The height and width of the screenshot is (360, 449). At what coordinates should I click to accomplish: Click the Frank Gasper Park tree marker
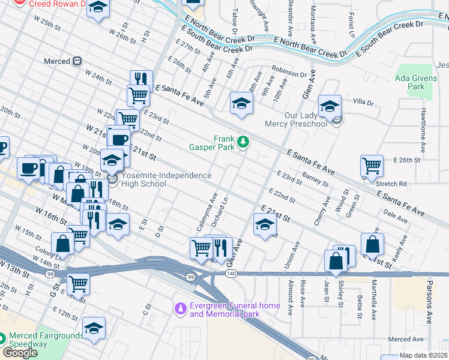tap(243, 142)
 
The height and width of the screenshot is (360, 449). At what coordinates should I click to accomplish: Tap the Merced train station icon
tap(77, 61)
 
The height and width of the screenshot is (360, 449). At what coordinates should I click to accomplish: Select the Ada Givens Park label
tap(410, 82)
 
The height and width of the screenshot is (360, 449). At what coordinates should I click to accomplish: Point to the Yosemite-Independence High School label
tap(166, 179)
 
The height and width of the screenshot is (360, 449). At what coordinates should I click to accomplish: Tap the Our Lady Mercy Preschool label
tap(297, 119)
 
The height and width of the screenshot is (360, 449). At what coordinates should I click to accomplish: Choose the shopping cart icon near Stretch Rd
tap(372, 166)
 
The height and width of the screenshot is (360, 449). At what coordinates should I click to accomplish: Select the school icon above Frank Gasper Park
tap(241, 103)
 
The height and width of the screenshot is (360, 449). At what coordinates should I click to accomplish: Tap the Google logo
tap(20, 353)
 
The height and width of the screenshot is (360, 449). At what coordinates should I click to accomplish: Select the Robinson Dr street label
tap(289, 72)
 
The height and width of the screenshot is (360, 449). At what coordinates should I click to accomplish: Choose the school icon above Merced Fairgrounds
tap(94, 328)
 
